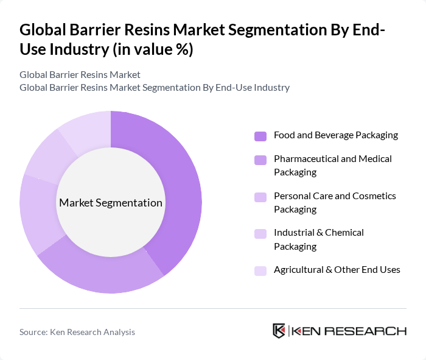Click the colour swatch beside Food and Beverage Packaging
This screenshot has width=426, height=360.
click(260, 136)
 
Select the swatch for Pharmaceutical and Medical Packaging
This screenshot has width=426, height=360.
click(260, 160)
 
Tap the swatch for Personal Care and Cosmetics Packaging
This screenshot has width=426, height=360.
click(260, 197)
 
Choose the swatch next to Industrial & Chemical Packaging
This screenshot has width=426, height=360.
click(260, 233)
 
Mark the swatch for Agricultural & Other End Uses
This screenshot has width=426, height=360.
click(260, 270)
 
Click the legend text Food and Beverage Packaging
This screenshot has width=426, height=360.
click(335, 135)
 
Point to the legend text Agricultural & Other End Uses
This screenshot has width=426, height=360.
click(337, 270)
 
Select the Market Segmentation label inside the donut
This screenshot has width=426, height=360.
click(111, 203)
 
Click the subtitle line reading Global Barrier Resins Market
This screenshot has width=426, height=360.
click(80, 75)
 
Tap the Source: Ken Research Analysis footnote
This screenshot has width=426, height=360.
click(77, 332)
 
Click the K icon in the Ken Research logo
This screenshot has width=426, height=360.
click(279, 331)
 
